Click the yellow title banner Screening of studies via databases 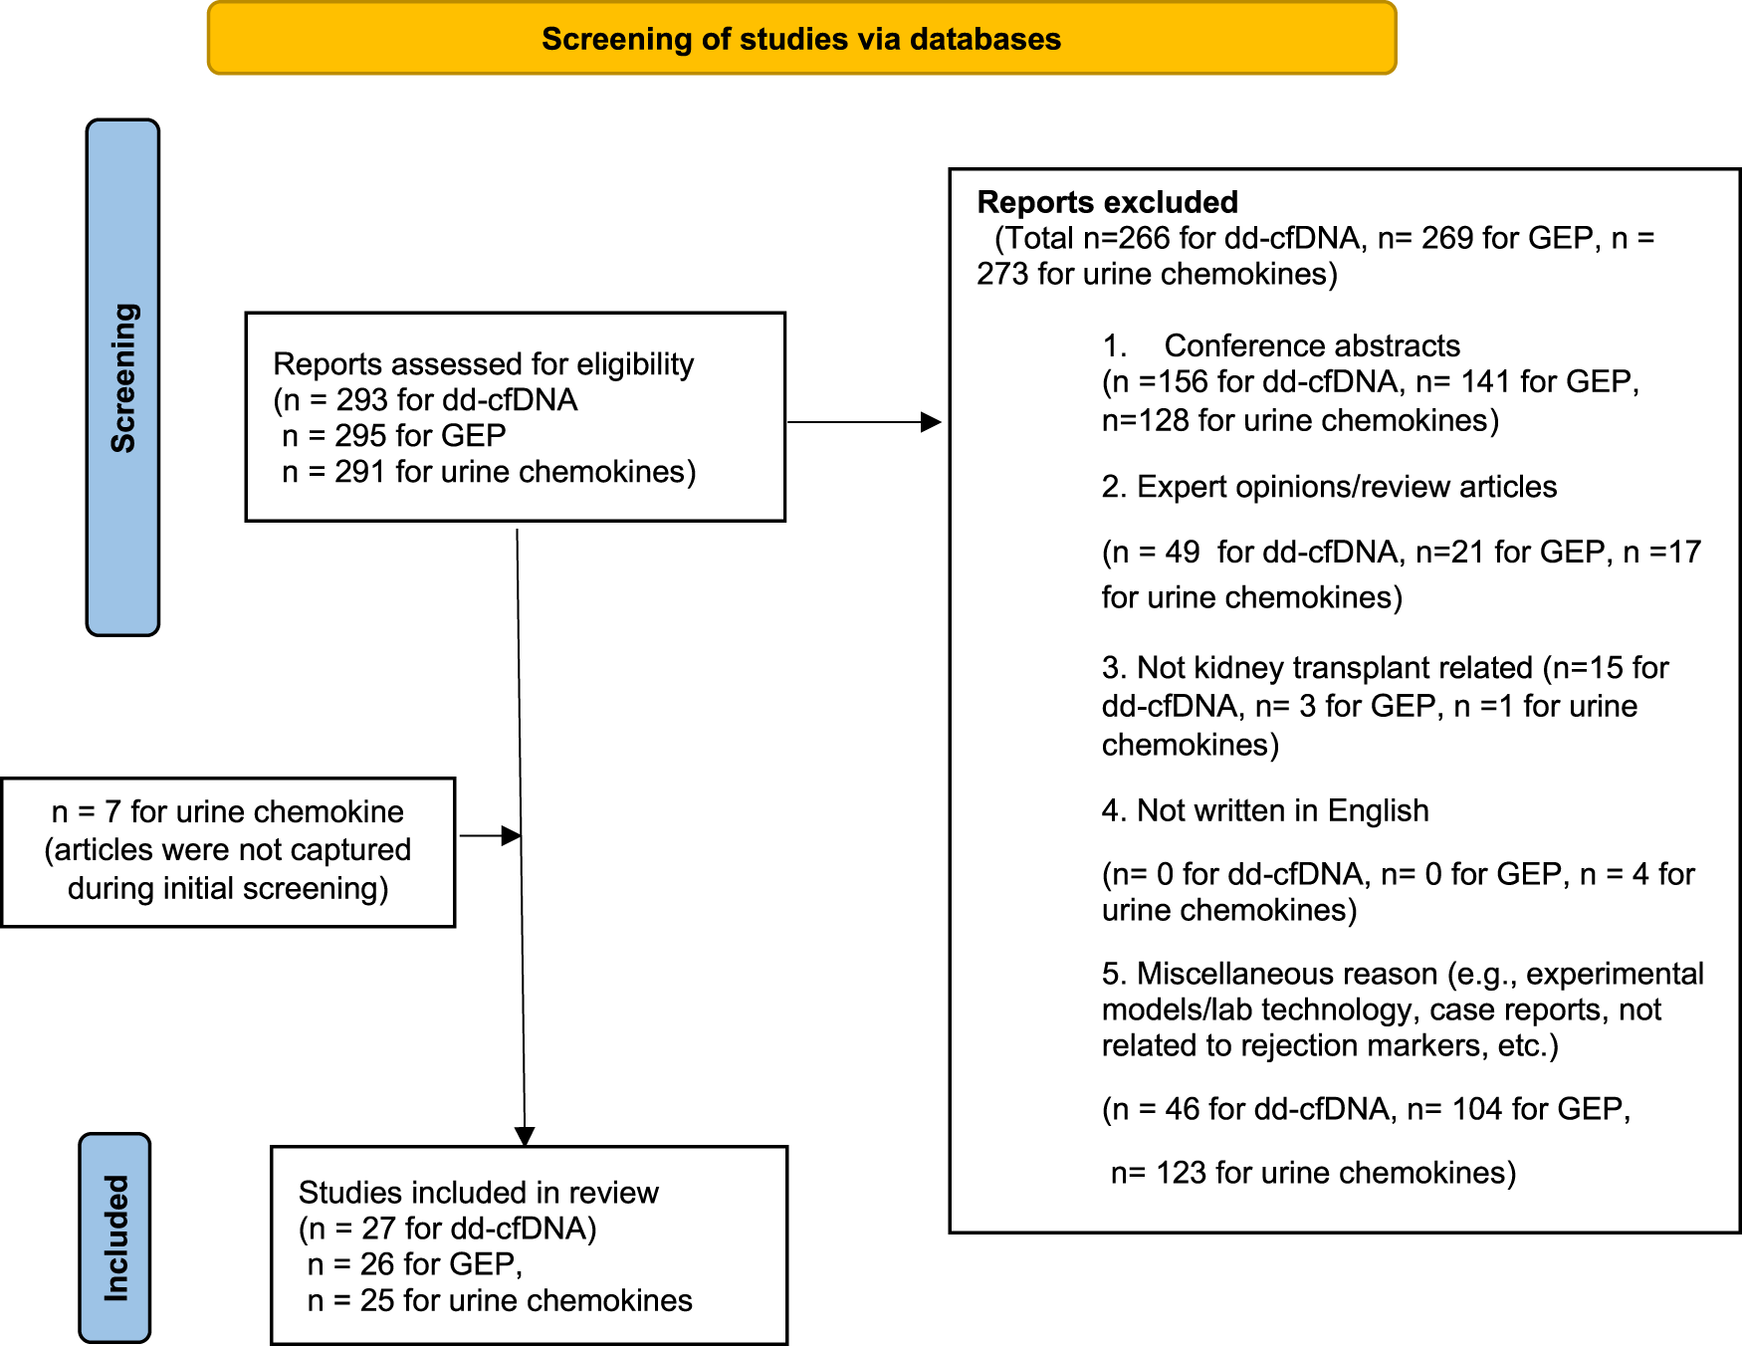(x=801, y=38)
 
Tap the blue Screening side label (x=122, y=377)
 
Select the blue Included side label (x=114, y=1237)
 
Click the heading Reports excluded (x=1107, y=202)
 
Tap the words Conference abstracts (x=1312, y=345)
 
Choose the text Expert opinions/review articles (x=1347, y=487)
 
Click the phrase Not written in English (x=1283, y=810)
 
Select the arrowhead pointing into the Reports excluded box (x=931, y=422)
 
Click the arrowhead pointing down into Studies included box (x=525, y=1136)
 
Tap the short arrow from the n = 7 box (x=490, y=835)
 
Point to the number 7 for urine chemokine (x=112, y=812)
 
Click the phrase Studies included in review (x=479, y=1193)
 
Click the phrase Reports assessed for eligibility (x=483, y=364)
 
